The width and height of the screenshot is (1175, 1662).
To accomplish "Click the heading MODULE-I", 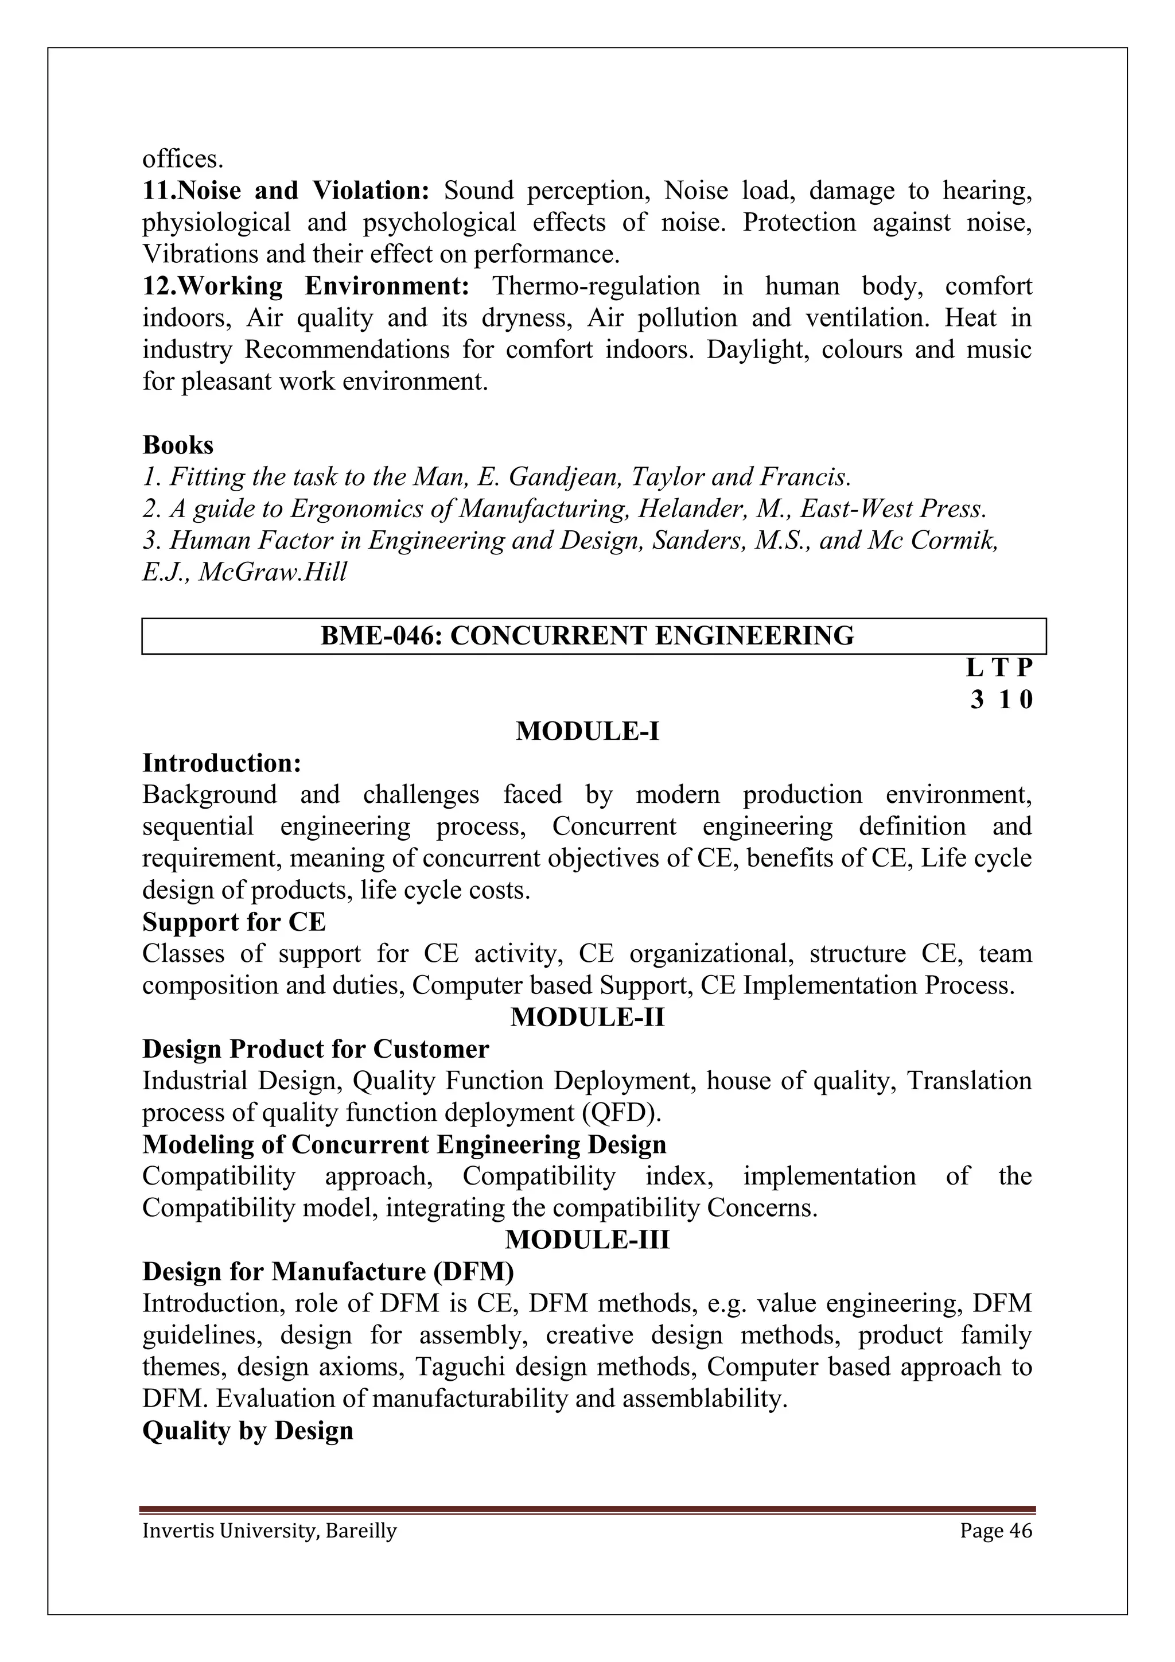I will click(587, 731).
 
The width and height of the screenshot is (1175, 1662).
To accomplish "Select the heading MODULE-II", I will click(587, 1017).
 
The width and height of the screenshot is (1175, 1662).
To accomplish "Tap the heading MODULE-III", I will click(587, 1240).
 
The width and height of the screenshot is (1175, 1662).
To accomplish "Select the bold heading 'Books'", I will click(178, 444).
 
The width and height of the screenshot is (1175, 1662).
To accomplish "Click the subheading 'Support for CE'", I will click(234, 922).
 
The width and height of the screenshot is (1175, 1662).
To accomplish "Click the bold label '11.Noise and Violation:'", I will click(286, 191).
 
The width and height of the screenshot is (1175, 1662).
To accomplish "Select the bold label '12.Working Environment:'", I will click(306, 286).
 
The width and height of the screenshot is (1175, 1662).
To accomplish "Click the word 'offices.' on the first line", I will click(182, 159).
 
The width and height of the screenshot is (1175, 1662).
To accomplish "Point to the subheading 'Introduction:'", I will click(221, 763).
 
